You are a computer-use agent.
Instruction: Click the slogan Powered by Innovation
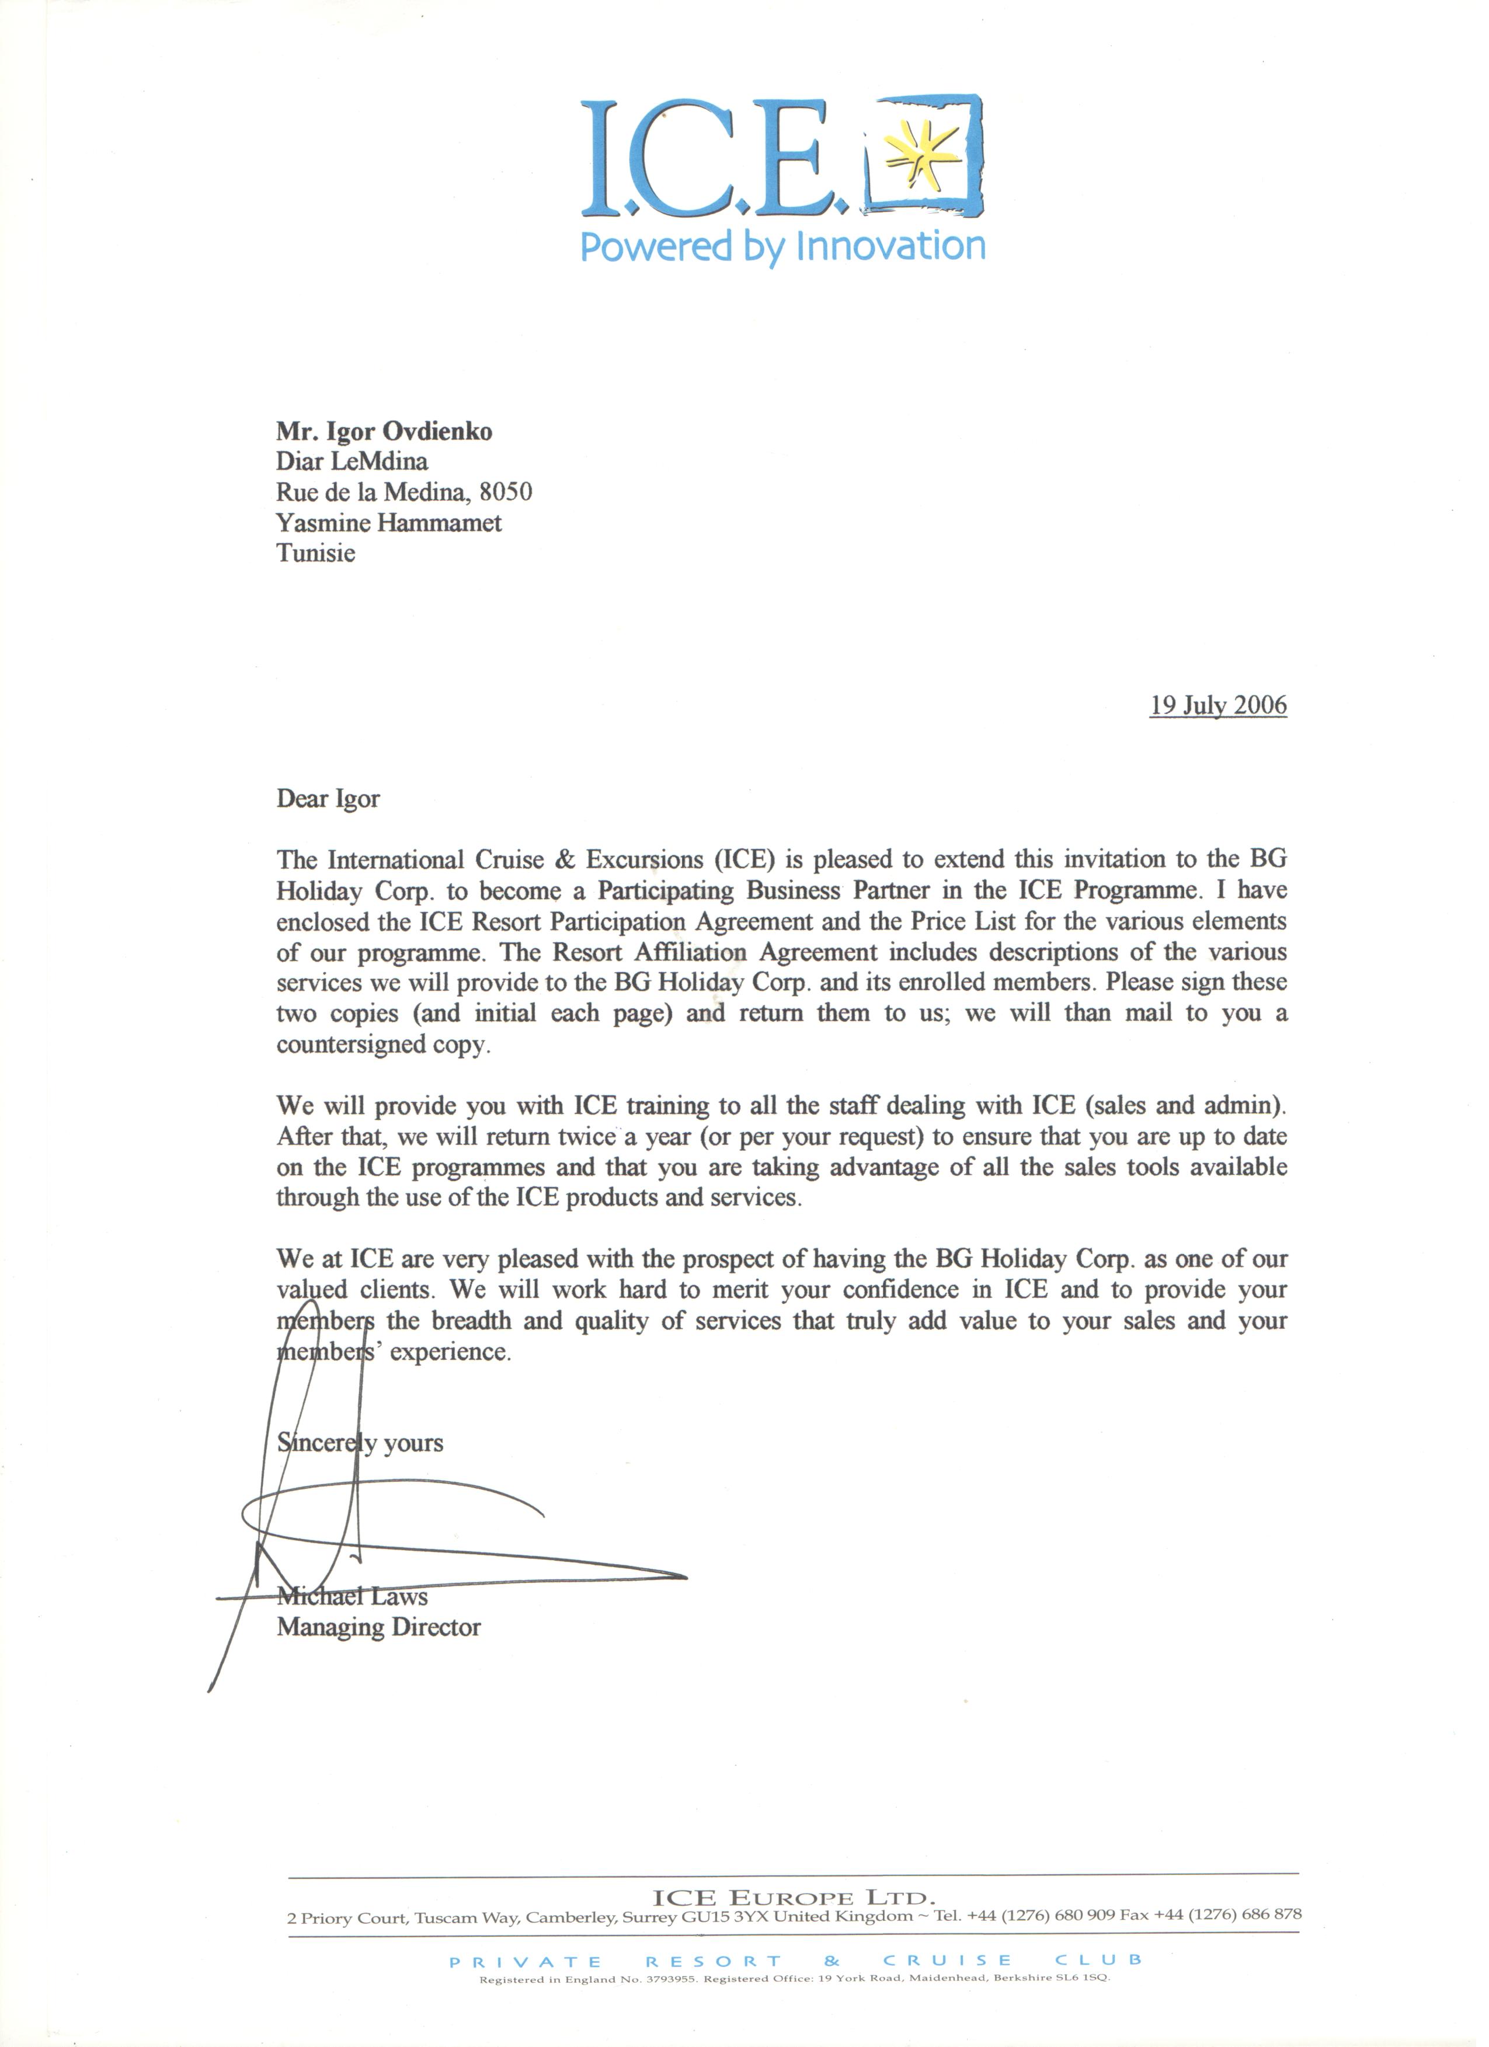[x=782, y=246]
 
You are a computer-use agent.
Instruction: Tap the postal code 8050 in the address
[x=506, y=492]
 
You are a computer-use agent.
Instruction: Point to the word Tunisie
[x=316, y=553]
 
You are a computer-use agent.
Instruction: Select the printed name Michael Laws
[x=352, y=1597]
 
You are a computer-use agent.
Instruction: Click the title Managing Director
[x=378, y=1627]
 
